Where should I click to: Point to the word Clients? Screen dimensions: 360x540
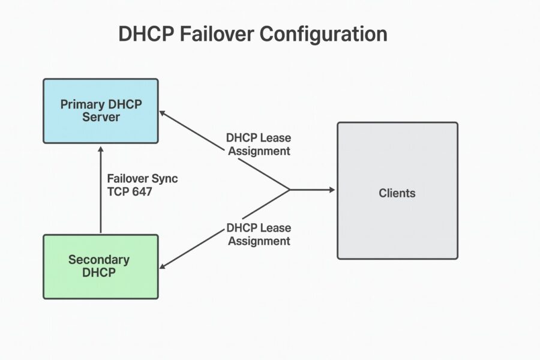pyautogui.click(x=397, y=193)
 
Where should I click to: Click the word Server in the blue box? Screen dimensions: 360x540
pyautogui.click(x=101, y=116)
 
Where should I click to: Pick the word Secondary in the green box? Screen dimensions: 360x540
pyautogui.click(x=99, y=260)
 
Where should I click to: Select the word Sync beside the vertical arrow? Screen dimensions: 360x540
pyautogui.click(x=164, y=179)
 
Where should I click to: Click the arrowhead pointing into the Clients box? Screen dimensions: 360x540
pyautogui.click(x=331, y=190)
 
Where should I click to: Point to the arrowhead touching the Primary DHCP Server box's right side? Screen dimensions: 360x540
pyautogui.click(x=163, y=113)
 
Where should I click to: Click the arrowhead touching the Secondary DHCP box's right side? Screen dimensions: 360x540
pyautogui.click(x=163, y=266)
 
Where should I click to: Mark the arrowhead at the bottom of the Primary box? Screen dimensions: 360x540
pyautogui.click(x=100, y=148)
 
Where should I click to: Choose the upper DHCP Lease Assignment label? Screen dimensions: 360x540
pyautogui.click(x=258, y=144)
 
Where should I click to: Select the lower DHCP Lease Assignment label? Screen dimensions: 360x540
pyautogui.click(x=258, y=234)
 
